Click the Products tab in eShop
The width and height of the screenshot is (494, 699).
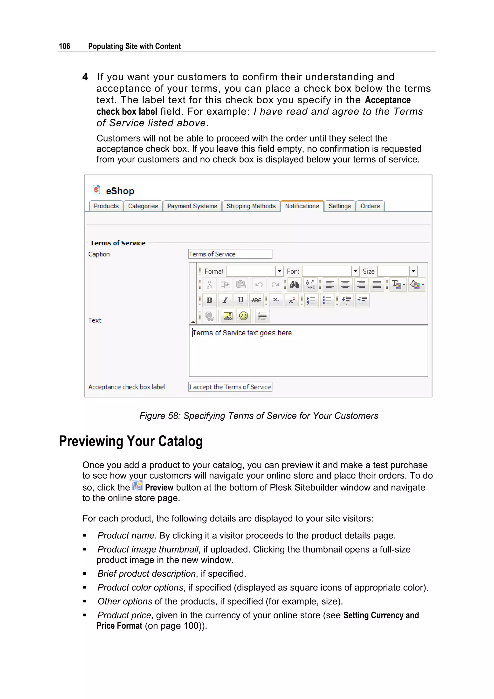pos(106,206)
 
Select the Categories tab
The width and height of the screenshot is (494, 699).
pos(143,206)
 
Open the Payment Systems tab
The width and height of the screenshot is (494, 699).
pos(192,206)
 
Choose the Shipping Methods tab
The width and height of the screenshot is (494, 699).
pos(251,206)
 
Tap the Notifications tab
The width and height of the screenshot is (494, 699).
pos(302,206)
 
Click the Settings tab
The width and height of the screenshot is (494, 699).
pos(340,206)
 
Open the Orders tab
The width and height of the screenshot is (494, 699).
pos(370,206)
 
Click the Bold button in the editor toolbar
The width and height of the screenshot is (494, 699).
pos(210,300)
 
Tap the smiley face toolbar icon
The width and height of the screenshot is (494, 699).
pos(244,316)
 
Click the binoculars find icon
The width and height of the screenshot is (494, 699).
pos(295,285)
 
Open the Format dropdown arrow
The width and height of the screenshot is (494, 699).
pos(280,271)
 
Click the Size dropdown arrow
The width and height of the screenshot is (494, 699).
pos(413,271)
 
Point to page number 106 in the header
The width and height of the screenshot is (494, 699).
pos(64,46)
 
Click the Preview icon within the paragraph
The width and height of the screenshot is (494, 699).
pos(137,486)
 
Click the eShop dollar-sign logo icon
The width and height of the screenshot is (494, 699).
pos(96,190)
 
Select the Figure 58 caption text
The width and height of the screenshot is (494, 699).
pos(259,416)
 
